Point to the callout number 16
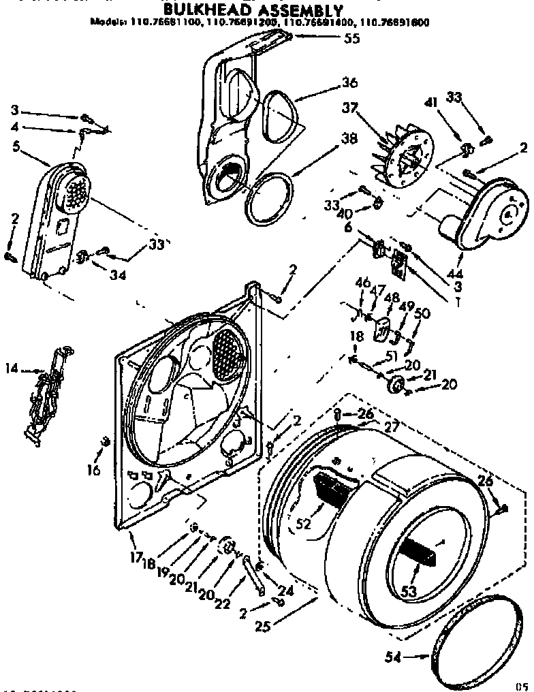(94, 470)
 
